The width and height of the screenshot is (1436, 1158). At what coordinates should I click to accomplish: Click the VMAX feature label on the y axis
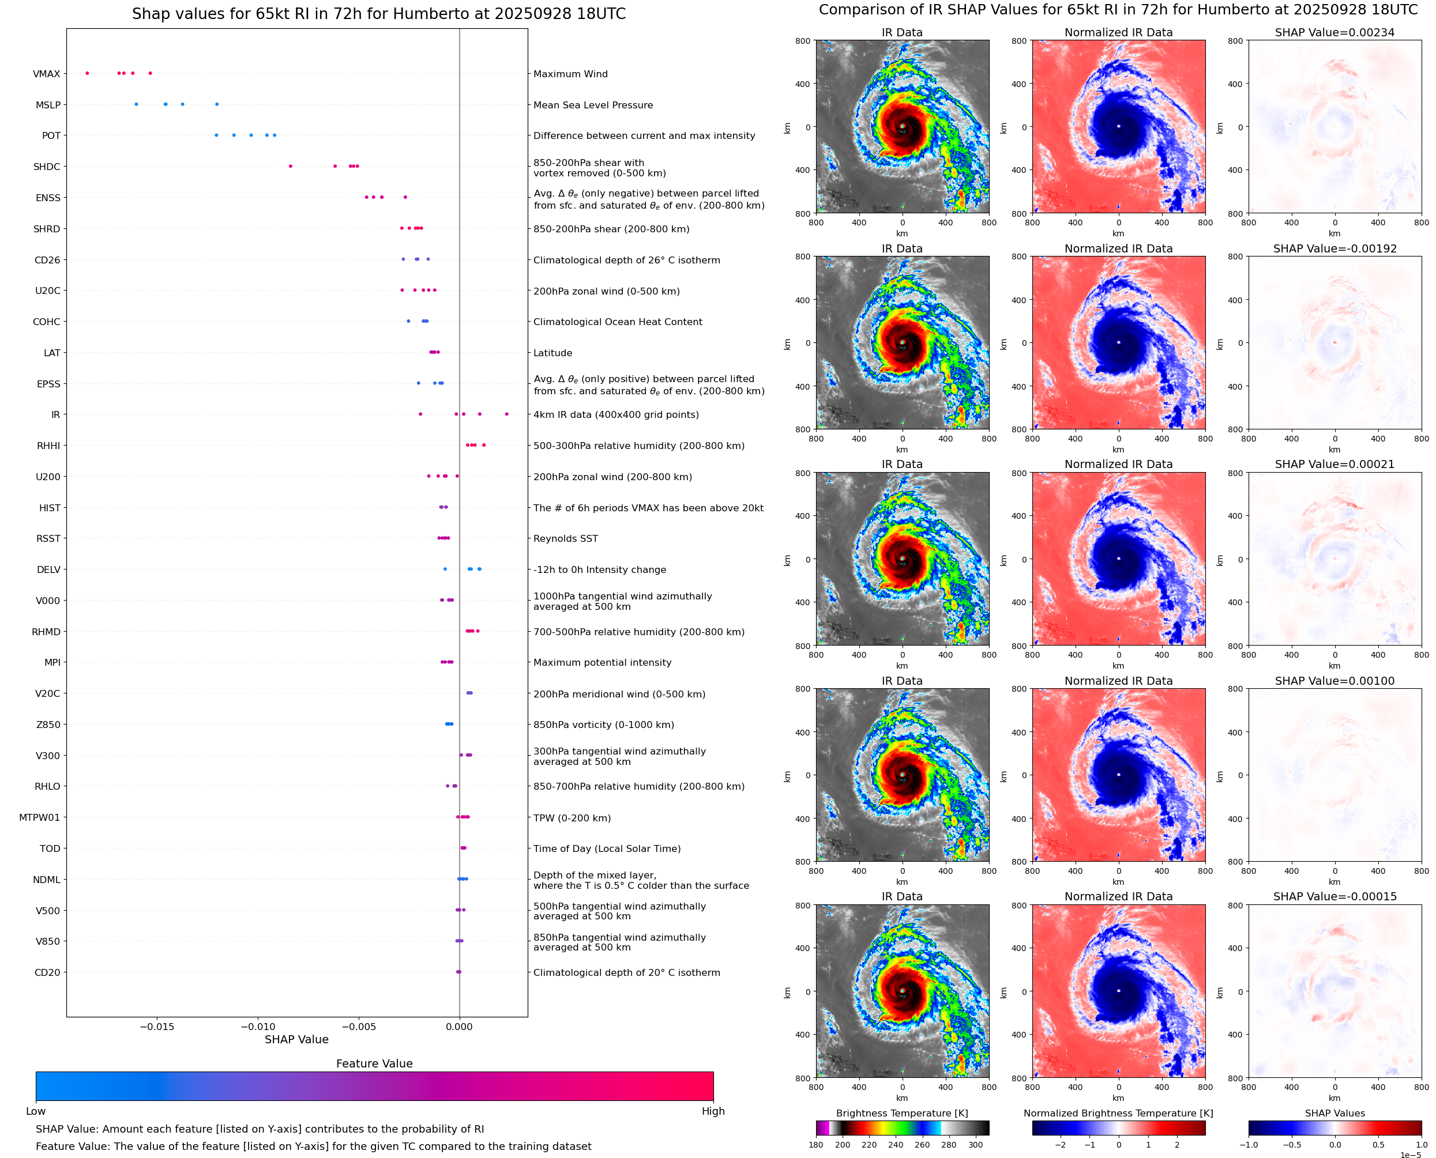(x=46, y=74)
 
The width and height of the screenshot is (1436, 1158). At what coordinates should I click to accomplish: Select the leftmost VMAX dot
(x=88, y=73)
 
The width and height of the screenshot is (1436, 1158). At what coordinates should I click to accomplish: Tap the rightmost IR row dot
(x=506, y=414)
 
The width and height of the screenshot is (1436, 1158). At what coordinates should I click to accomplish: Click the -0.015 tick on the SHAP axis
(x=157, y=1027)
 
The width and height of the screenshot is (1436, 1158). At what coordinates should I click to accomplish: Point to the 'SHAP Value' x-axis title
(x=296, y=1039)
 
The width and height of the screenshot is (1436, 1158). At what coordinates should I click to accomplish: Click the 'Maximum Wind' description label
(x=570, y=74)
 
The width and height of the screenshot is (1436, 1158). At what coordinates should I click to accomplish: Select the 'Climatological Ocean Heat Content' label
(x=617, y=322)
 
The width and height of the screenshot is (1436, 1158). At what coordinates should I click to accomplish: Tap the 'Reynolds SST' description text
(x=565, y=538)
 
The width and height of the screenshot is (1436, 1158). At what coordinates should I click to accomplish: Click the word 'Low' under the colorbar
(x=35, y=1111)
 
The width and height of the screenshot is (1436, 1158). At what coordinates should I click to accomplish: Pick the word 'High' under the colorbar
(x=713, y=1111)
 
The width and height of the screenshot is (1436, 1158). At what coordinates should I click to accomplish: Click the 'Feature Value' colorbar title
(x=374, y=1064)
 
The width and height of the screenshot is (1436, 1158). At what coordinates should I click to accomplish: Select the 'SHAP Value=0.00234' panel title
(x=1334, y=33)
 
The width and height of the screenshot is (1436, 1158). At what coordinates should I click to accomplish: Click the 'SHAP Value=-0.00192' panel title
(x=1334, y=249)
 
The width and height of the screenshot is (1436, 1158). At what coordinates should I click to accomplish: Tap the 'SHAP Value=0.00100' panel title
(x=1334, y=681)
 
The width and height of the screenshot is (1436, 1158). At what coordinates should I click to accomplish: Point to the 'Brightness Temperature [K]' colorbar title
(x=901, y=1113)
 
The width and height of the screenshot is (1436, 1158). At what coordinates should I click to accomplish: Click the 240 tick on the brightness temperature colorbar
(x=895, y=1145)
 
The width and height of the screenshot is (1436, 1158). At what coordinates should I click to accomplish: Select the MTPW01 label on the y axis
(x=39, y=818)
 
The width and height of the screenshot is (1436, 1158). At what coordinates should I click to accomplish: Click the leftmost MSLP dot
(x=136, y=104)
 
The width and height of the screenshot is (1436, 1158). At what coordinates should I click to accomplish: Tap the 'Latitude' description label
(x=552, y=353)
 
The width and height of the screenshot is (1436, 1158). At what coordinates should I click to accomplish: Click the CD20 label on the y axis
(x=47, y=972)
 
